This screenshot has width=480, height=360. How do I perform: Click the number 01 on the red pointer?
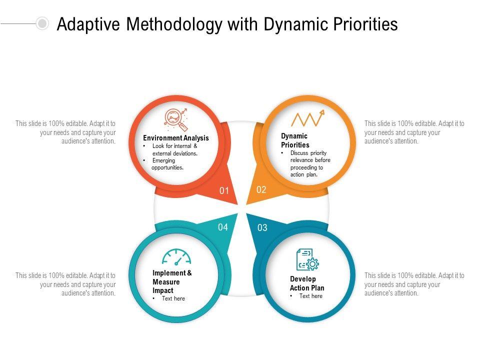(x=224, y=190)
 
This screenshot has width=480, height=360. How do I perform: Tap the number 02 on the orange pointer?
(x=261, y=189)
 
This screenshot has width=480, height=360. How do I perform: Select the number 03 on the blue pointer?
(x=262, y=228)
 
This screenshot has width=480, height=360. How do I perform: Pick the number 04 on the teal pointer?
(x=223, y=227)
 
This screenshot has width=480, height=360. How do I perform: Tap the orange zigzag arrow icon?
(x=307, y=118)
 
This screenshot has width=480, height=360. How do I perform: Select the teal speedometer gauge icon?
(x=176, y=257)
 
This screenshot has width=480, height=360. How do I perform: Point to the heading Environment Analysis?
(x=176, y=138)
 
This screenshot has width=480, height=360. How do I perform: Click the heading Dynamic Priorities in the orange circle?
(x=295, y=140)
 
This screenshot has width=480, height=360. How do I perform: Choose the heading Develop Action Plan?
(x=307, y=283)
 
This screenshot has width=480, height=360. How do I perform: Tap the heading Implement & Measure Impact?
(x=172, y=281)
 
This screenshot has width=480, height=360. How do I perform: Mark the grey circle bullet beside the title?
(x=43, y=23)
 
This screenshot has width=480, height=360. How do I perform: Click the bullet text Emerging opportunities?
(x=167, y=164)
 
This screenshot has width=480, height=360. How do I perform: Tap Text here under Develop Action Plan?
(x=311, y=296)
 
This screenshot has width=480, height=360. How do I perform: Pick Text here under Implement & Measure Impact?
(x=173, y=298)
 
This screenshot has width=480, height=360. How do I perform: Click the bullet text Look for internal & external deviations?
(x=175, y=149)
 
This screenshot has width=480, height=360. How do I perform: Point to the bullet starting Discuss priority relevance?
(x=310, y=164)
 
